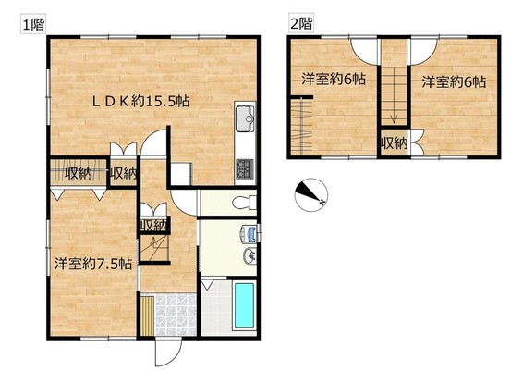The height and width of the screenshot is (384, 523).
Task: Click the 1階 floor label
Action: [x=33, y=24]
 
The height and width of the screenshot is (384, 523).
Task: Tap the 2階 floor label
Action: [x=301, y=23]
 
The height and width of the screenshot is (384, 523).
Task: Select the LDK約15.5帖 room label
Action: [x=140, y=102]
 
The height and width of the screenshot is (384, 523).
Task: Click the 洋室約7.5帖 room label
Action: [x=93, y=264]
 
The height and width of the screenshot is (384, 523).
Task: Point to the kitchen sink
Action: [x=245, y=118]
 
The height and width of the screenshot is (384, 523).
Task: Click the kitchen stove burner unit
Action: [x=245, y=169]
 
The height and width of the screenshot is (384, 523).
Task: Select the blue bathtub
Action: [x=244, y=305]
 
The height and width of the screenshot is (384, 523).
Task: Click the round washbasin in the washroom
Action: [x=249, y=256]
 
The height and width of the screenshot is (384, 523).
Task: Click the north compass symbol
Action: [x=311, y=194]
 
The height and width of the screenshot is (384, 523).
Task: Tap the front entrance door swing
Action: [x=168, y=353]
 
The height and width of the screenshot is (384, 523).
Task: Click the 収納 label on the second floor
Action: [x=395, y=143]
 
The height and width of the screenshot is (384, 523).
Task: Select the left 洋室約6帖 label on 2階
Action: [x=334, y=80]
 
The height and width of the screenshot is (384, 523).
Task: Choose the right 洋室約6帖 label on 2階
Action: [x=454, y=81]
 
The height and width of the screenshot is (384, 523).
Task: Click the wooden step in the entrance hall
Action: [x=147, y=316]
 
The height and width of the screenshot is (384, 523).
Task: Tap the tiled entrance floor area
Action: [x=176, y=315]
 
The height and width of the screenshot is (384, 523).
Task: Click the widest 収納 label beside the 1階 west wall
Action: [x=79, y=173]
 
